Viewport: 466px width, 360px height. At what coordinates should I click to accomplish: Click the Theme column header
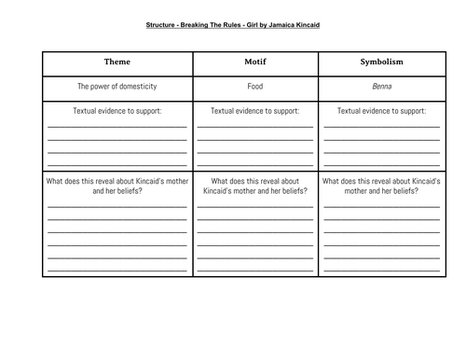click(x=116, y=62)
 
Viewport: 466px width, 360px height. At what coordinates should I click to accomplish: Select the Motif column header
click(x=255, y=62)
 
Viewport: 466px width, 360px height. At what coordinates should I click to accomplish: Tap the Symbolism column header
click(x=382, y=62)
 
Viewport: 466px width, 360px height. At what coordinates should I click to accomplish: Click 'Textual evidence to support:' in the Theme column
click(x=116, y=110)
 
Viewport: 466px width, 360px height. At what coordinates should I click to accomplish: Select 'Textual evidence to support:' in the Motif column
click(x=255, y=110)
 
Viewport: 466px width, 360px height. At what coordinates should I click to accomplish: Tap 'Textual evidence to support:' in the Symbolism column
click(x=382, y=110)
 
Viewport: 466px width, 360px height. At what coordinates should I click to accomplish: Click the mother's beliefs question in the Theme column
click(x=116, y=187)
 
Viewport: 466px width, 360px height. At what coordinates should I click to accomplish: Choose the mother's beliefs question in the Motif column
click(x=255, y=187)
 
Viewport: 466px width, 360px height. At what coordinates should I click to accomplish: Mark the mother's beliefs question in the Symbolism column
click(x=382, y=187)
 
